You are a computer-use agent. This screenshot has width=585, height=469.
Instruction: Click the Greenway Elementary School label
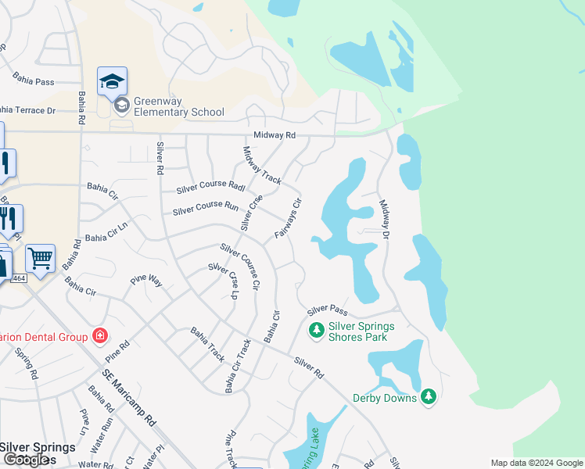(179, 107)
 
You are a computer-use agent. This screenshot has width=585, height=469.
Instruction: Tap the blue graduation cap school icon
(112, 81)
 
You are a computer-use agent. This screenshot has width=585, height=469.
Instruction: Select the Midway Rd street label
(279, 135)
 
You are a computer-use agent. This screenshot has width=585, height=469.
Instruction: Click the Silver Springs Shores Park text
(361, 331)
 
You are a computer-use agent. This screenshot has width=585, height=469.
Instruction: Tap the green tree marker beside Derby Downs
(428, 397)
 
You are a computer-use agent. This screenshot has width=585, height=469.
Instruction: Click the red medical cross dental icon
(99, 336)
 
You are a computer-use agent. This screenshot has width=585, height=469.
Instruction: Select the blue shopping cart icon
(40, 257)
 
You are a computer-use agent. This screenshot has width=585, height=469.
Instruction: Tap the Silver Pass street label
(327, 311)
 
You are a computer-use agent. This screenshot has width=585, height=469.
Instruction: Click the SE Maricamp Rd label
(129, 403)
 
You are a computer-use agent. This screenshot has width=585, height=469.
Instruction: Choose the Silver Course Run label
(205, 209)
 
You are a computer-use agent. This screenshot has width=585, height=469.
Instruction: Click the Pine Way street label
(146, 281)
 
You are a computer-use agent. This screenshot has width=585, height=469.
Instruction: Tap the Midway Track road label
(261, 165)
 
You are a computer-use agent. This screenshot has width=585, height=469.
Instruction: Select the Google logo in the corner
(27, 460)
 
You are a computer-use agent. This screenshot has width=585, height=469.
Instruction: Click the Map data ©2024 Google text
(536, 463)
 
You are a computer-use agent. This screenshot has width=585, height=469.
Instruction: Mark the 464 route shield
(20, 278)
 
